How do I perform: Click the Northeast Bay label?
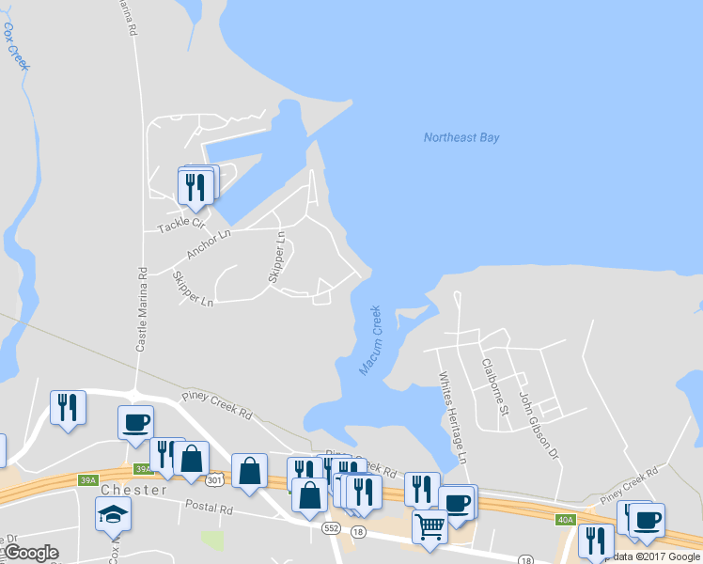[x=461, y=137]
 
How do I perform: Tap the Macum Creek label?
[x=369, y=340]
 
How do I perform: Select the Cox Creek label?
[x=18, y=48]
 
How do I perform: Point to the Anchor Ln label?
[x=208, y=244]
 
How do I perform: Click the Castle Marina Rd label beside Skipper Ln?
[x=142, y=308]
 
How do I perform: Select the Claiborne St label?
[x=494, y=385]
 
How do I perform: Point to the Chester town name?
[x=133, y=490]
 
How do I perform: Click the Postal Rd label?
[x=211, y=509]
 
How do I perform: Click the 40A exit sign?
[x=565, y=519]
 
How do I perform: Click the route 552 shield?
[x=331, y=528]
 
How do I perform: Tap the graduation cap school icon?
[x=113, y=513]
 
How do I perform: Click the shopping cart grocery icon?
[x=430, y=525]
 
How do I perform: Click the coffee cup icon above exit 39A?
[x=135, y=421]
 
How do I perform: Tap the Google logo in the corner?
[x=31, y=553]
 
